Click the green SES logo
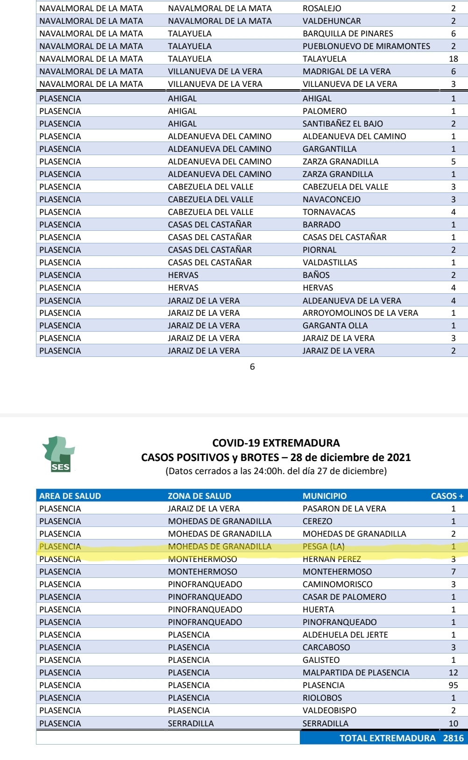59,454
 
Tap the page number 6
252,367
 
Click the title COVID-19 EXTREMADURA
276,443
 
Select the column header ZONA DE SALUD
199,496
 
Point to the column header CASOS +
447,496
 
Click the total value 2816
453,738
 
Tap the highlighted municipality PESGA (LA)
324,547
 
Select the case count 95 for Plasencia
453,685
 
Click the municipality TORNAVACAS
329,212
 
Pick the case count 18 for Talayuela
453,59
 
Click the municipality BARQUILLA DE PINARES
348,34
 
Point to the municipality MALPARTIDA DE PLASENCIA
356,673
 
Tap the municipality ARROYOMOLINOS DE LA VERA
360,313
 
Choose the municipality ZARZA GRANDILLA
338,174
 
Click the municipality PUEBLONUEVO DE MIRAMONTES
366,46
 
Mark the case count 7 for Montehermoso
453,572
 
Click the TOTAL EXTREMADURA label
387,738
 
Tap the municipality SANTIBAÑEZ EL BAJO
342,124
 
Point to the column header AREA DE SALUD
70,496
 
